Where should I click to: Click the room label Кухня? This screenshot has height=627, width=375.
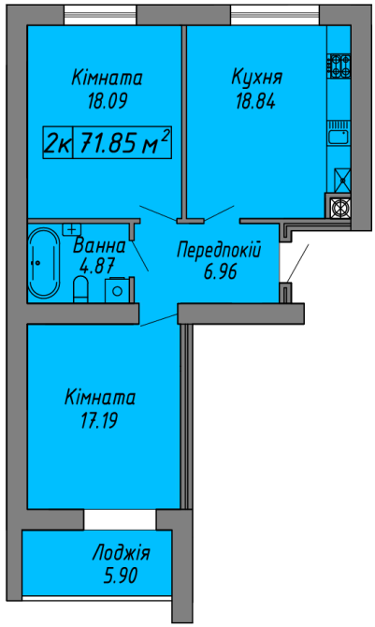tap(257, 78)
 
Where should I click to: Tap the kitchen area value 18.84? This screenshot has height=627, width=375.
tap(255, 101)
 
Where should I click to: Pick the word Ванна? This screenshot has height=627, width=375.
tap(98, 247)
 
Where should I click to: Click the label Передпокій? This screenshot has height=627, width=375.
tap(217, 251)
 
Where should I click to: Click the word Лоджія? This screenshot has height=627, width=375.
tap(120, 553)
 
